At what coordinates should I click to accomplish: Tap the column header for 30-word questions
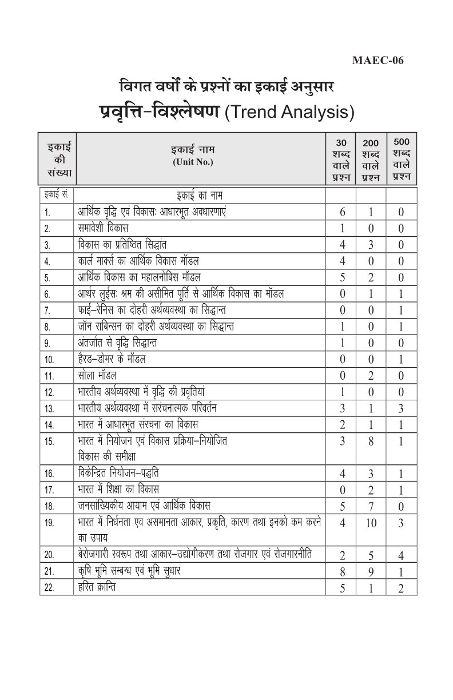click(x=340, y=160)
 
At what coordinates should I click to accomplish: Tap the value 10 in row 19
click(x=371, y=523)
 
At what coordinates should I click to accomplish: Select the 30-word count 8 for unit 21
click(x=341, y=571)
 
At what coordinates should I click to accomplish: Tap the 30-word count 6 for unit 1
click(x=342, y=212)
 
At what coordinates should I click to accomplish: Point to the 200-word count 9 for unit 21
click(x=371, y=571)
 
